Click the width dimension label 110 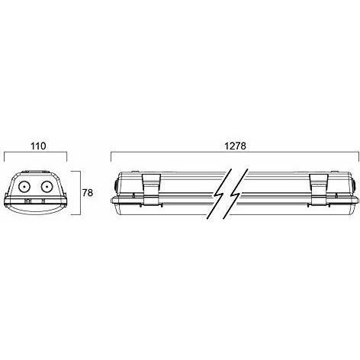pyautogui.click(x=38, y=146)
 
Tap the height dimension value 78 pyautogui.click(x=88, y=193)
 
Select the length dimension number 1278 pyautogui.click(x=236, y=146)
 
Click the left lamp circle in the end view pyautogui.click(x=24, y=187)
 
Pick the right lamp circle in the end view pyautogui.click(x=47, y=187)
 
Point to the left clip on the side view pyautogui.click(x=152, y=189)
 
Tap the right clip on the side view pyautogui.click(x=319, y=189)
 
